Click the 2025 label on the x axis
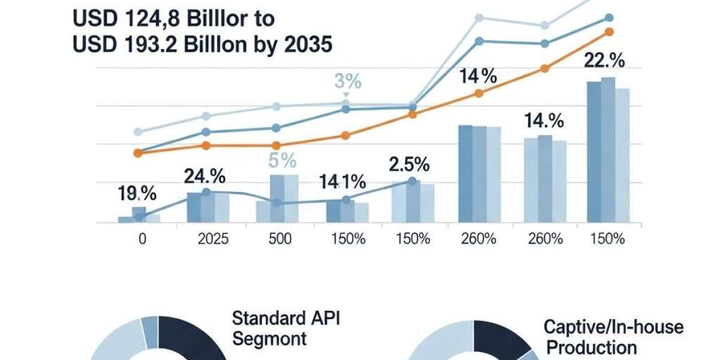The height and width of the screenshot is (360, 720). [x=213, y=238]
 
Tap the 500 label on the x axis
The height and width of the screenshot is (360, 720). [x=280, y=238]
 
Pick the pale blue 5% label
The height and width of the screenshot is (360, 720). [x=283, y=161]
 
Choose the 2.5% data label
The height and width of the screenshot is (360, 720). [x=409, y=164]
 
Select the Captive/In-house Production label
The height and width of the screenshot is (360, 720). [x=613, y=336]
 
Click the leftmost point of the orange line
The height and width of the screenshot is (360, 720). [x=138, y=153]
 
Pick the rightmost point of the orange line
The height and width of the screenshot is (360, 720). [x=609, y=32]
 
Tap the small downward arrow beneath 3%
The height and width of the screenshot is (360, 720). [x=346, y=95]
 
